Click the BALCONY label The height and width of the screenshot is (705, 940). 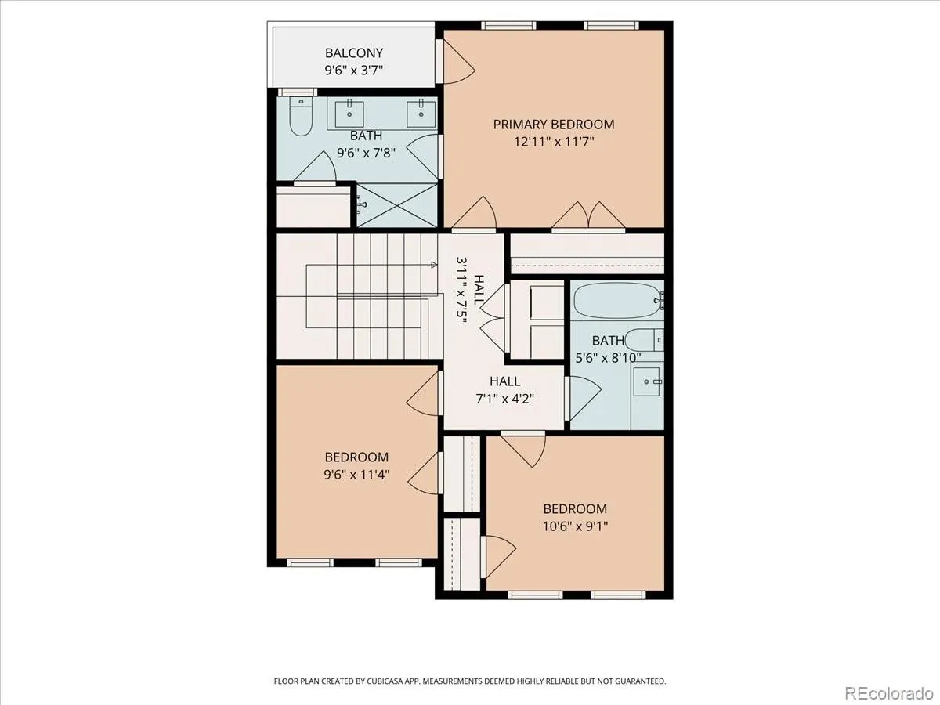pyautogui.click(x=354, y=53)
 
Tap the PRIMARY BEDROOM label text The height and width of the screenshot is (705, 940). pyautogui.click(x=554, y=125)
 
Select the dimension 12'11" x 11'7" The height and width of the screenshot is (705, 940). pyautogui.click(x=554, y=142)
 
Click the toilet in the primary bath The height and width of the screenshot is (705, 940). pyautogui.click(x=301, y=116)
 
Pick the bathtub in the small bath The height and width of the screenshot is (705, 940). pyautogui.click(x=617, y=300)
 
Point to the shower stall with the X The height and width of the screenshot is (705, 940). pyautogui.click(x=397, y=205)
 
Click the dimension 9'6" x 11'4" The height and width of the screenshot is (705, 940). pyautogui.click(x=356, y=475)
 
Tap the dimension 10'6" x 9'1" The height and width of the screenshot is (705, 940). pyautogui.click(x=575, y=526)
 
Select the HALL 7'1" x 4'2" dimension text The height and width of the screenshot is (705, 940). pyautogui.click(x=505, y=399)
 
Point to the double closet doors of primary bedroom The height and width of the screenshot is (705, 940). pyautogui.click(x=588, y=215)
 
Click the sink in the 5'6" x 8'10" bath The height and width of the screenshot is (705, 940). pyautogui.click(x=648, y=381)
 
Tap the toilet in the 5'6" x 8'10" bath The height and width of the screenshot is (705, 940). pyautogui.click(x=644, y=340)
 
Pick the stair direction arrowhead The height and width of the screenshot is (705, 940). pyautogui.click(x=434, y=265)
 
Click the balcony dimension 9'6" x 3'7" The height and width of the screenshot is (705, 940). pyautogui.click(x=354, y=70)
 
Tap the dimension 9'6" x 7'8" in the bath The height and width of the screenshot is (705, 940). pyautogui.click(x=366, y=153)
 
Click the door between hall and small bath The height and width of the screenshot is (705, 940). pyautogui.click(x=584, y=398)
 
